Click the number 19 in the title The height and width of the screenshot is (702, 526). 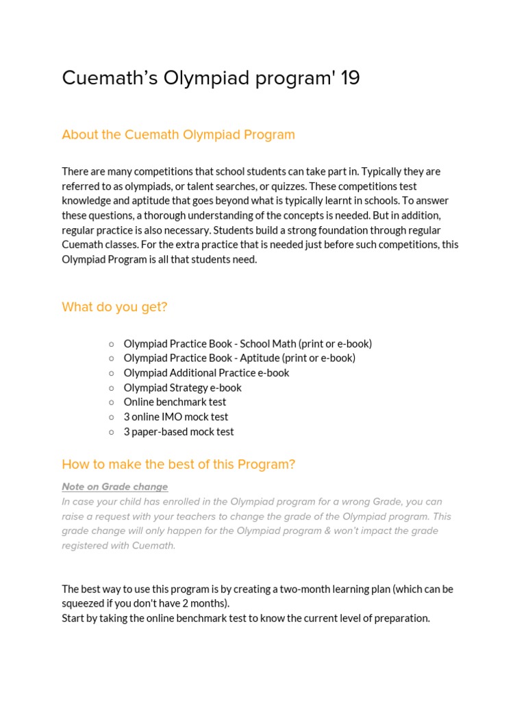point(349,78)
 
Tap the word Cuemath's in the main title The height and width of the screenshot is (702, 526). point(110,78)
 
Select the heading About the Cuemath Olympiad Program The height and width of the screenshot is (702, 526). point(178,134)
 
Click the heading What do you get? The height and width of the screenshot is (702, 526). point(114,307)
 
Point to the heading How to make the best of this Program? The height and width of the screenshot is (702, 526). point(178,464)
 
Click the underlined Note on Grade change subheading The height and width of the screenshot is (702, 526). point(114,487)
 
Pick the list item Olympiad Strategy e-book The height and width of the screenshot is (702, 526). point(182,387)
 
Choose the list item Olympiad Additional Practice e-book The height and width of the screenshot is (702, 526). point(206,373)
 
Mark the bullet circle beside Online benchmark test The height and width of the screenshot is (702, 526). point(112,402)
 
